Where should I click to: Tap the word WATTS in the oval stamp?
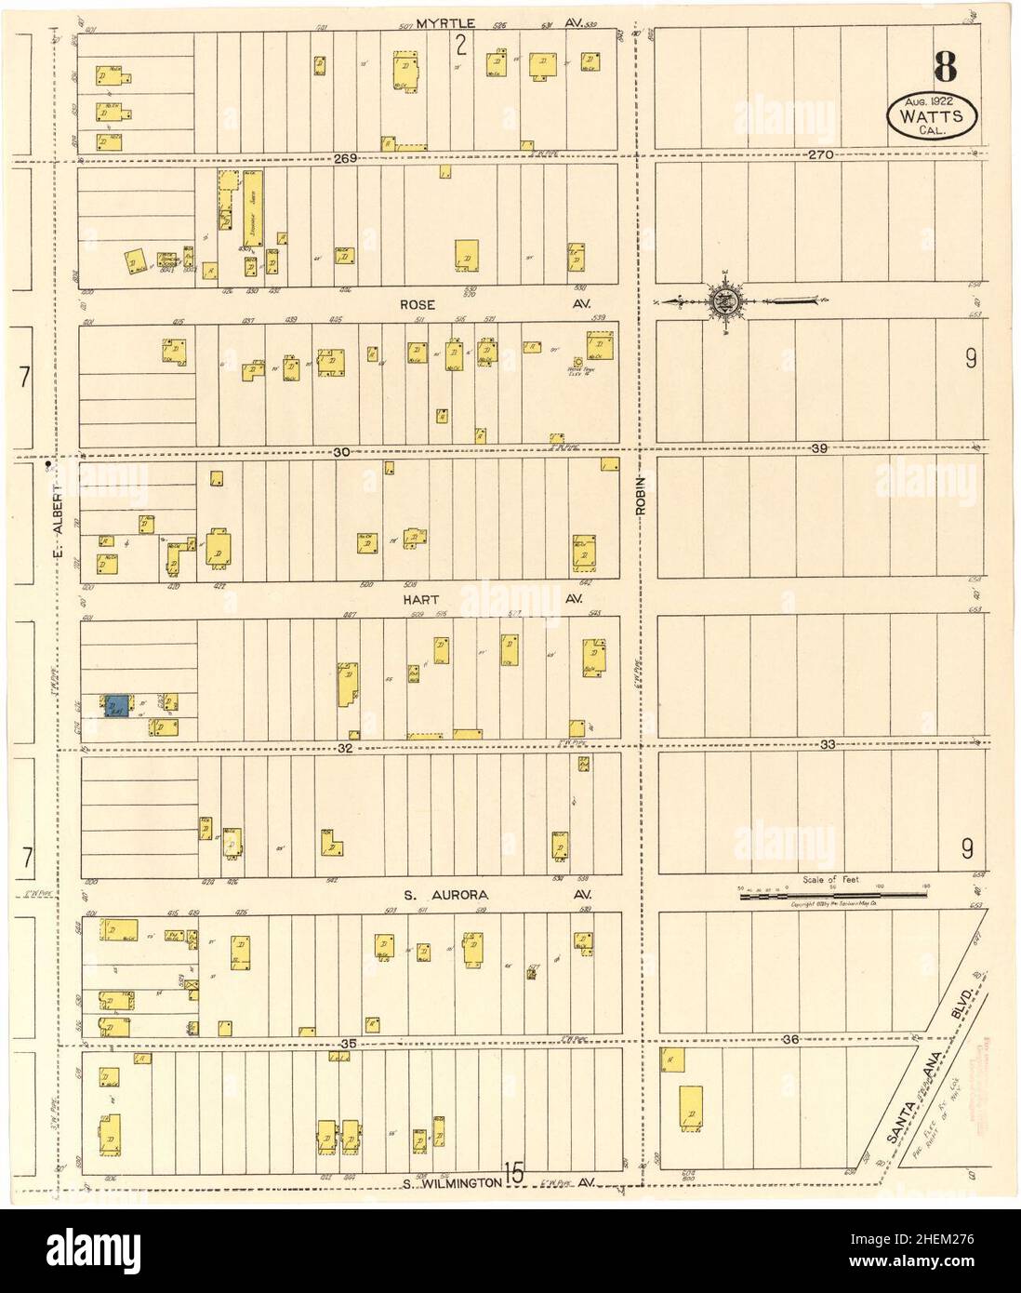click(935, 115)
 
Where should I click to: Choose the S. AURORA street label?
click(432, 895)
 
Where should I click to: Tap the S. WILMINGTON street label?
click(453, 1184)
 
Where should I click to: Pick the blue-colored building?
click(117, 706)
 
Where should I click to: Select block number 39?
click(818, 449)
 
